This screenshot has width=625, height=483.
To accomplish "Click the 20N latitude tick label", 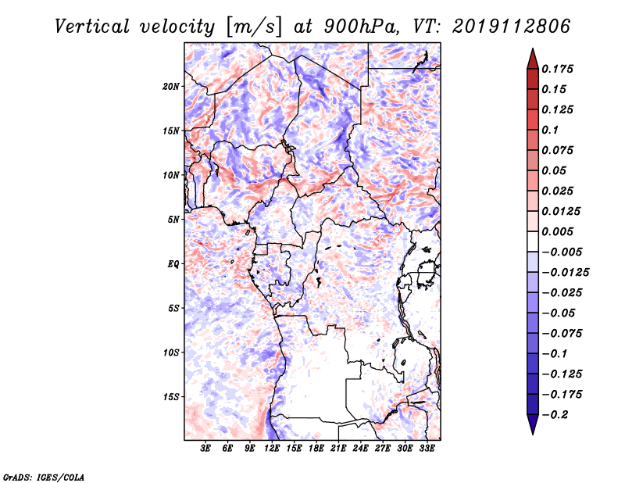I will pyautogui.click(x=171, y=86).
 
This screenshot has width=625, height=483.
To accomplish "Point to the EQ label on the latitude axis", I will pyautogui.click(x=173, y=264).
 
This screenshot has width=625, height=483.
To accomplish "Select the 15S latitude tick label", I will pyautogui.click(x=171, y=397).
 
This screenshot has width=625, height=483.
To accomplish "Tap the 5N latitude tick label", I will pyautogui.click(x=173, y=220).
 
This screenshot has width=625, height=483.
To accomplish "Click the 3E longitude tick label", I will pyautogui.click(x=206, y=449).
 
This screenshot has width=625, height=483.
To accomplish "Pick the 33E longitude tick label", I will pyautogui.click(x=427, y=449).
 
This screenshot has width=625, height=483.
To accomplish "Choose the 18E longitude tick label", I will pyautogui.click(x=316, y=449).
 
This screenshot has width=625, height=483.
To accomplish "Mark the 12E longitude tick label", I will pyautogui.click(x=272, y=449).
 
